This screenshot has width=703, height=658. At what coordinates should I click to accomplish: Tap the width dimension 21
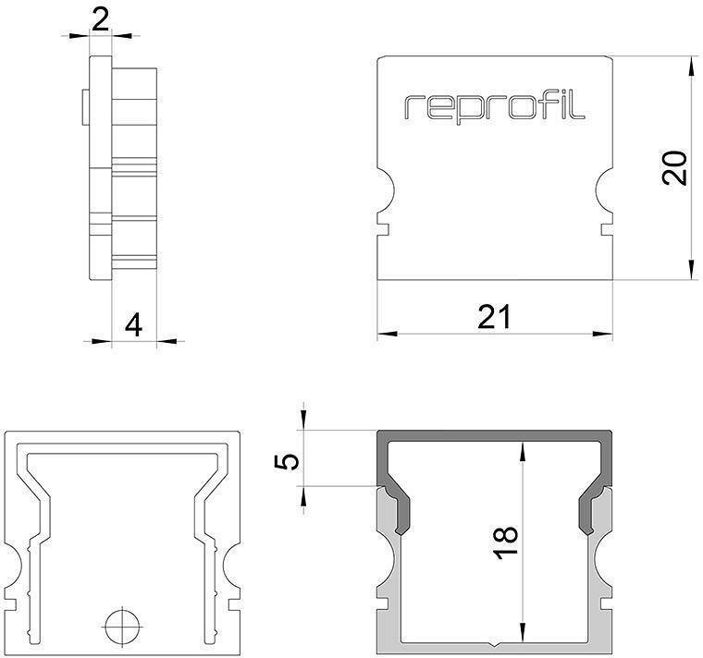494,317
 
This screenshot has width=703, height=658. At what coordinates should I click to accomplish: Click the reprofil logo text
495,107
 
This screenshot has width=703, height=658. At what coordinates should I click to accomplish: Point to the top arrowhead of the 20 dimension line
690,63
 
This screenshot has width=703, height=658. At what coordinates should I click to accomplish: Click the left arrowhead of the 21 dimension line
384,333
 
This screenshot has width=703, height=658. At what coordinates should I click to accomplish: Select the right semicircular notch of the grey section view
606,563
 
